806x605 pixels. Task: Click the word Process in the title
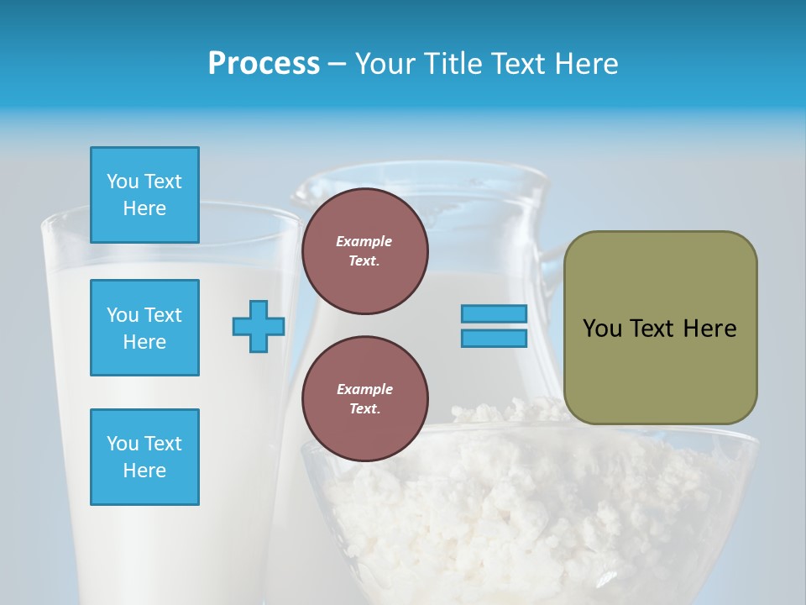pyautogui.click(x=264, y=64)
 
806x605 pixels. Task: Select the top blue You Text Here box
pyautogui.click(x=144, y=195)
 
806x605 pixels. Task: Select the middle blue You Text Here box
pyautogui.click(x=144, y=328)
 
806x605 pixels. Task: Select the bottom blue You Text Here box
pyautogui.click(x=144, y=457)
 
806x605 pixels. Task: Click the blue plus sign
pyautogui.click(x=259, y=326)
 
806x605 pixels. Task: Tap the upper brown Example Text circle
pyautogui.click(x=364, y=251)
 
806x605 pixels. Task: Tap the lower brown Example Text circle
pyautogui.click(x=364, y=399)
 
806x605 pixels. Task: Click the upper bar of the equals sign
pyautogui.click(x=494, y=313)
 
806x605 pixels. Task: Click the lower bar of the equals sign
pyautogui.click(x=494, y=339)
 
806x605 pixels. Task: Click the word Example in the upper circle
pyautogui.click(x=364, y=241)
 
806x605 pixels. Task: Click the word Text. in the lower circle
pyautogui.click(x=364, y=409)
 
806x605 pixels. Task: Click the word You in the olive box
pyautogui.click(x=602, y=329)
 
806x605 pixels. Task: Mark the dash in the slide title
pyautogui.click(x=337, y=64)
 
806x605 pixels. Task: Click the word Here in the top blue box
pyautogui.click(x=144, y=208)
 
